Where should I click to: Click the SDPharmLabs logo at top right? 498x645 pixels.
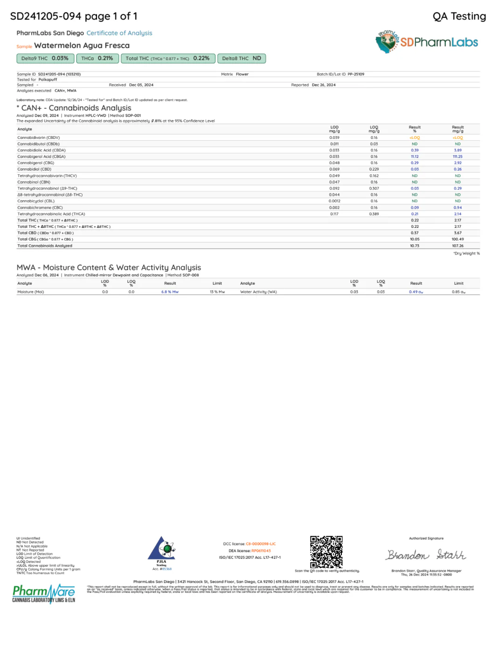pyautogui.click(x=427, y=42)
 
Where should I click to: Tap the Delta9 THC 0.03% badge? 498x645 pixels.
pyautogui.click(x=45, y=58)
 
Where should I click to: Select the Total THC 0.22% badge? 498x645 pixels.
pyautogui.click(x=168, y=58)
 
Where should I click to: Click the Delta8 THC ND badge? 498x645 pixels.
pyautogui.click(x=241, y=58)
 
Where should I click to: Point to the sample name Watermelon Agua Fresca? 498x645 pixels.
pyautogui.click(x=82, y=46)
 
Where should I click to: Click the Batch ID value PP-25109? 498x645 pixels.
pyautogui.click(x=356, y=74)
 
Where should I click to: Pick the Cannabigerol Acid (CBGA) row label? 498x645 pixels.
pyautogui.click(x=41, y=157)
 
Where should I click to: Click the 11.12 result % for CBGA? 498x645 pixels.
pyautogui.click(x=415, y=157)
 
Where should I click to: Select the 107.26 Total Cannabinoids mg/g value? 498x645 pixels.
pyautogui.click(x=457, y=246)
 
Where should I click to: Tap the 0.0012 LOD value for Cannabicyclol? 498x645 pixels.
pyautogui.click(x=334, y=201)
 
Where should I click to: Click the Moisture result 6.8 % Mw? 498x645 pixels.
pyautogui.click(x=170, y=292)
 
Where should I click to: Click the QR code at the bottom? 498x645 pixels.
pyautogui.click(x=326, y=552)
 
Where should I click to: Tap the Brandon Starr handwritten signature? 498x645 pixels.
pyautogui.click(x=426, y=555)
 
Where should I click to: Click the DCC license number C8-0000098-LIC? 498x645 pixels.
pyautogui.click(x=261, y=544)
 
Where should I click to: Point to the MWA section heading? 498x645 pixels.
pyautogui.click(x=109, y=268)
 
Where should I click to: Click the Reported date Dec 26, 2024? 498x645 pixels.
pyautogui.click(x=324, y=85)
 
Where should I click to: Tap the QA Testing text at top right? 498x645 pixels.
pyautogui.click(x=459, y=16)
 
